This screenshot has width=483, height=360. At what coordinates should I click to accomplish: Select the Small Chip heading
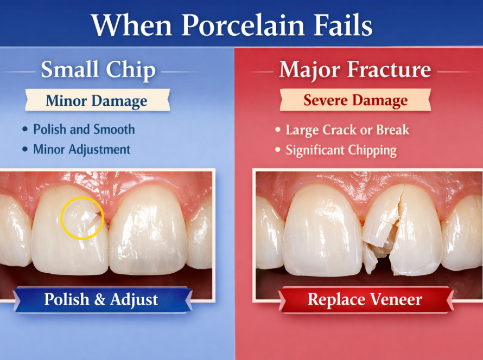[98, 70]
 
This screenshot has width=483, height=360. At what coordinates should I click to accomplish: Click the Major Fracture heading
[355, 70]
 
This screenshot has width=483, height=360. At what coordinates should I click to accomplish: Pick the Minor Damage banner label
[97, 101]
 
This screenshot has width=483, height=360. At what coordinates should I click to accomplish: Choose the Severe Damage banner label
[355, 101]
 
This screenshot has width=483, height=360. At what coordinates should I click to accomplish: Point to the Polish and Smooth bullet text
[84, 130]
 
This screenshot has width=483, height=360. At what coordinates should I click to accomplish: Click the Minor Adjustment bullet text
[81, 149]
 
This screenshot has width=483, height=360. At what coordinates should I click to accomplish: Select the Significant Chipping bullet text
[341, 150]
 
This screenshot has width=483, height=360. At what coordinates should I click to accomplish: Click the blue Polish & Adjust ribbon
[101, 299]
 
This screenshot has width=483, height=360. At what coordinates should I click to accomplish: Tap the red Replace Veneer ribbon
[365, 299]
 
